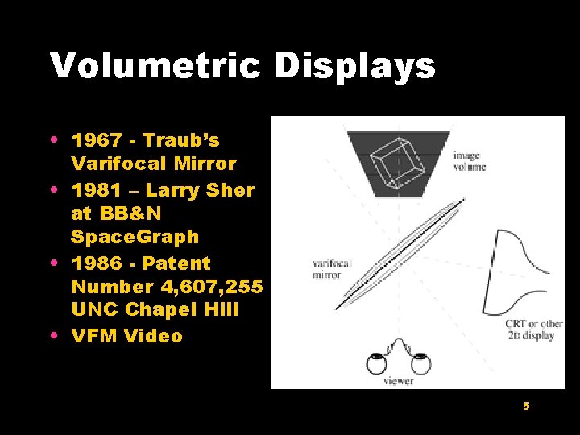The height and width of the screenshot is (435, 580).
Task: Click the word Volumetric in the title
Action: click(x=155, y=65)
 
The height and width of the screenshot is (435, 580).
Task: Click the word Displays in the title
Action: click(x=355, y=67)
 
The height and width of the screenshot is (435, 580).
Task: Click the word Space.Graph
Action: click(x=135, y=238)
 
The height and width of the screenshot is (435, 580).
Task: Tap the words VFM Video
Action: click(x=127, y=336)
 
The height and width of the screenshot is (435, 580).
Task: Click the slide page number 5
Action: click(x=526, y=406)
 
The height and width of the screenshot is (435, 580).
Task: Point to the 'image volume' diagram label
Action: click(x=469, y=161)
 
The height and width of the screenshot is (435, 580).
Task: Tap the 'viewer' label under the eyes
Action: click(x=399, y=381)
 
